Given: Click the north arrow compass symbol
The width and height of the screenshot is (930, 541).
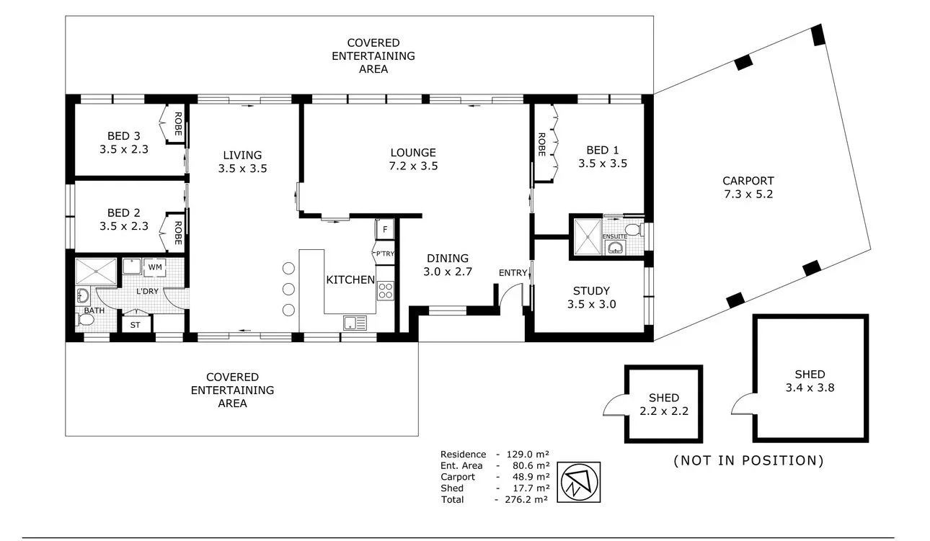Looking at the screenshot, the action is tap(578, 482).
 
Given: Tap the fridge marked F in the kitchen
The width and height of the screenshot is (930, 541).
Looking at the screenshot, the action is tap(385, 229).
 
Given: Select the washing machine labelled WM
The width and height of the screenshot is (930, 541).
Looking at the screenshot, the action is tap(155, 267).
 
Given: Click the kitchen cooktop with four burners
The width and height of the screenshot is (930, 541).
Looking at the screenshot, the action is tap(385, 290).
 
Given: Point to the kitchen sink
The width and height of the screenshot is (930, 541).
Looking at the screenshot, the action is tap(355, 323).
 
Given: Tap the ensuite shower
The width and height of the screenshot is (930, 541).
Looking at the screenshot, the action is tap(588, 237).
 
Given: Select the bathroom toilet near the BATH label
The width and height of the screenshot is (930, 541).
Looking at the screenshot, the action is tap(86, 320).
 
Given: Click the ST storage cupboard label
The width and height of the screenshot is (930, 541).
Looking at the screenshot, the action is tap(136, 326).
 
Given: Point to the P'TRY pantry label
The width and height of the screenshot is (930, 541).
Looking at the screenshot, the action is tap(385, 254).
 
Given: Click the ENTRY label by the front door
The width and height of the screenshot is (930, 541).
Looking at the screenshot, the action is tap(513, 273).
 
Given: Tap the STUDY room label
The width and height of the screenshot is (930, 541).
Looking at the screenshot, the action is tap(591, 291).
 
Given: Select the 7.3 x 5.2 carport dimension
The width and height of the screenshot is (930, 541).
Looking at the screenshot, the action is tap(748, 195).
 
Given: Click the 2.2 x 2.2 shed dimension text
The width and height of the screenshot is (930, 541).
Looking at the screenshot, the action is tap(664, 411).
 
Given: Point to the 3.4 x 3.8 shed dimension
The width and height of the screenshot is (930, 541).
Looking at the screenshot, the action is tap(810, 388).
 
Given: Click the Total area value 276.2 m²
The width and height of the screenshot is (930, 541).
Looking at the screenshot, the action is tap(526, 499).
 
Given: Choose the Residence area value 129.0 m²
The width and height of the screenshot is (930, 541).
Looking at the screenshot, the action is tap(528, 455).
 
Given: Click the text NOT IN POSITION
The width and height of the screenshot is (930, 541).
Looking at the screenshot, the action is tap(748, 460).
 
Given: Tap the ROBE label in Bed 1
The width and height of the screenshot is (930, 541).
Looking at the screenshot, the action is tap(541, 144).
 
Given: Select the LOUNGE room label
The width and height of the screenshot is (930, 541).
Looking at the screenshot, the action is tap(413, 153).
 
